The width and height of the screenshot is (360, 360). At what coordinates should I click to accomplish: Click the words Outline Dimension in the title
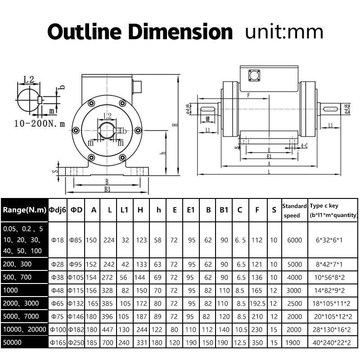(140, 32)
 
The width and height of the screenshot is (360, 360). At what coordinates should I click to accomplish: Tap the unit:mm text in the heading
(284, 32)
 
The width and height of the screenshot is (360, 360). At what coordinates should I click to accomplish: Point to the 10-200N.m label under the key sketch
(40, 122)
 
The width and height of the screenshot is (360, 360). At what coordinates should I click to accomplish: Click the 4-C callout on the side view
(304, 146)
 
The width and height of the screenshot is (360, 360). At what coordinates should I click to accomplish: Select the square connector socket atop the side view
(255, 76)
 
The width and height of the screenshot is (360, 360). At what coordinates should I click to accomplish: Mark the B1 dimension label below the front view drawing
(107, 189)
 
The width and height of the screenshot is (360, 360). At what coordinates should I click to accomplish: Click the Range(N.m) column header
(24, 210)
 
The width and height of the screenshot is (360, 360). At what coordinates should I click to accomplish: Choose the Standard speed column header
(294, 210)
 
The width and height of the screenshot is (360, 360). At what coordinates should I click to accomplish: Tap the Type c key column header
(333, 210)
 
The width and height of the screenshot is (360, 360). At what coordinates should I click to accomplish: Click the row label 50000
(13, 342)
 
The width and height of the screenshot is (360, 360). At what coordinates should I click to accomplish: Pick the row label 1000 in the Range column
(11, 291)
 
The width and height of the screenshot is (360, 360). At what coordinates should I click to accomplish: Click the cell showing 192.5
(258, 304)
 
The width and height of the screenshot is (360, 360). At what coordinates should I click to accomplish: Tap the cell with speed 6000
(294, 240)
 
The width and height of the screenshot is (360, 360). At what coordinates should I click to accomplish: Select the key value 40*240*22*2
(333, 342)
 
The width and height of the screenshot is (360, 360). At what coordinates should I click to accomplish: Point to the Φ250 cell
(75, 342)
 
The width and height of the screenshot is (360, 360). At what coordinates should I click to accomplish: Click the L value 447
(109, 329)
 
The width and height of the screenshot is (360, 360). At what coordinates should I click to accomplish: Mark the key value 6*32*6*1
(333, 240)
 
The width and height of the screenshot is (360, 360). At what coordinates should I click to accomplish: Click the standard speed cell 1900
(294, 342)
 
